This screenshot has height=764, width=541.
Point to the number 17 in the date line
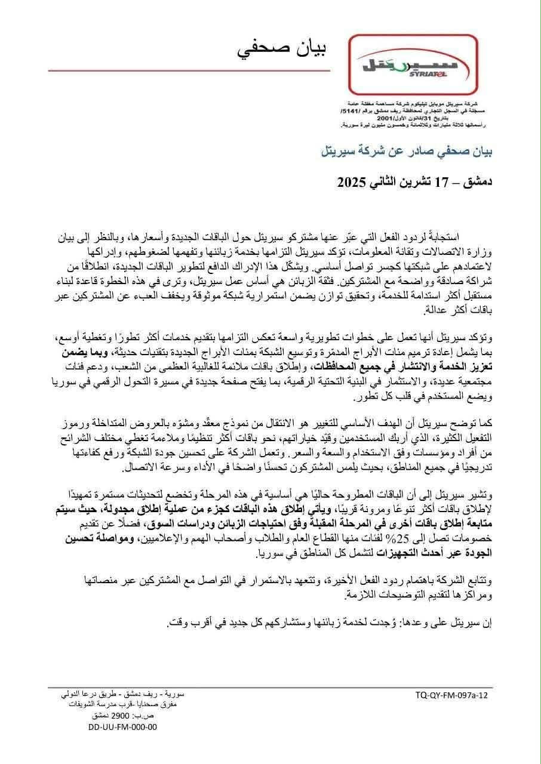click(460, 181)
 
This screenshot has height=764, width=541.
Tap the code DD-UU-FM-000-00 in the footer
click(122, 727)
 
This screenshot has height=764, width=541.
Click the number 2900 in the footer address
click(116, 716)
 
